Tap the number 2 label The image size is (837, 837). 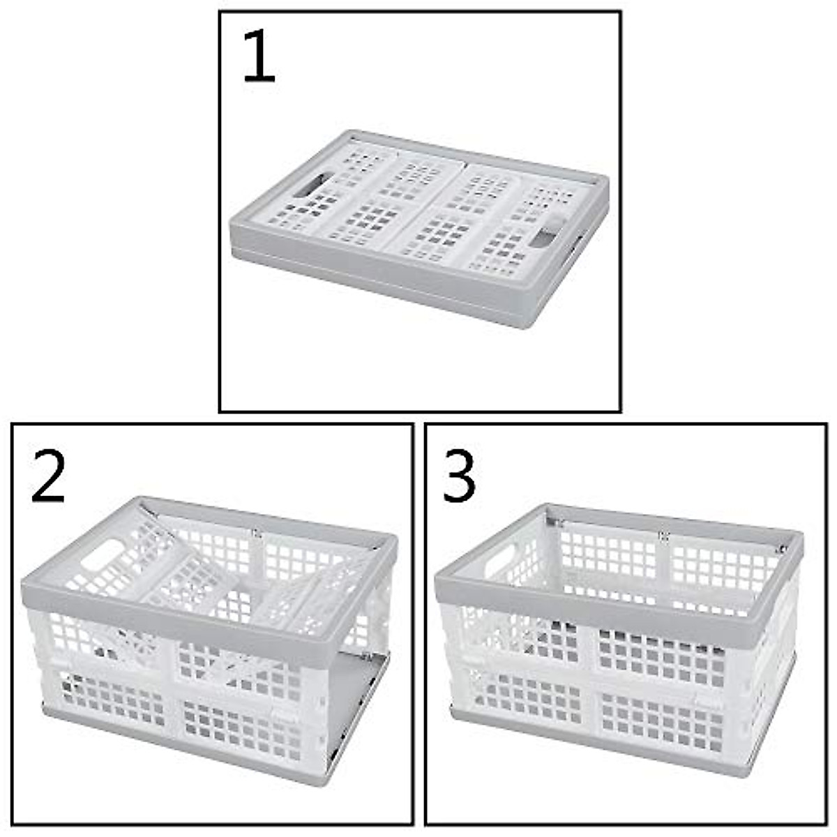tap(48, 476)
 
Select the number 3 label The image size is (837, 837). tap(459, 476)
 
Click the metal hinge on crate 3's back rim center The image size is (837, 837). tap(663, 536)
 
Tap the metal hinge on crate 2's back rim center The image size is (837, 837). tap(256, 534)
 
